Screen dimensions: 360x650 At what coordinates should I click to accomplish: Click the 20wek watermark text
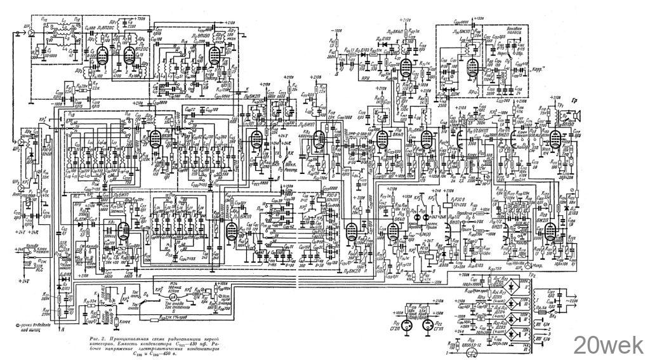(608, 345)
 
